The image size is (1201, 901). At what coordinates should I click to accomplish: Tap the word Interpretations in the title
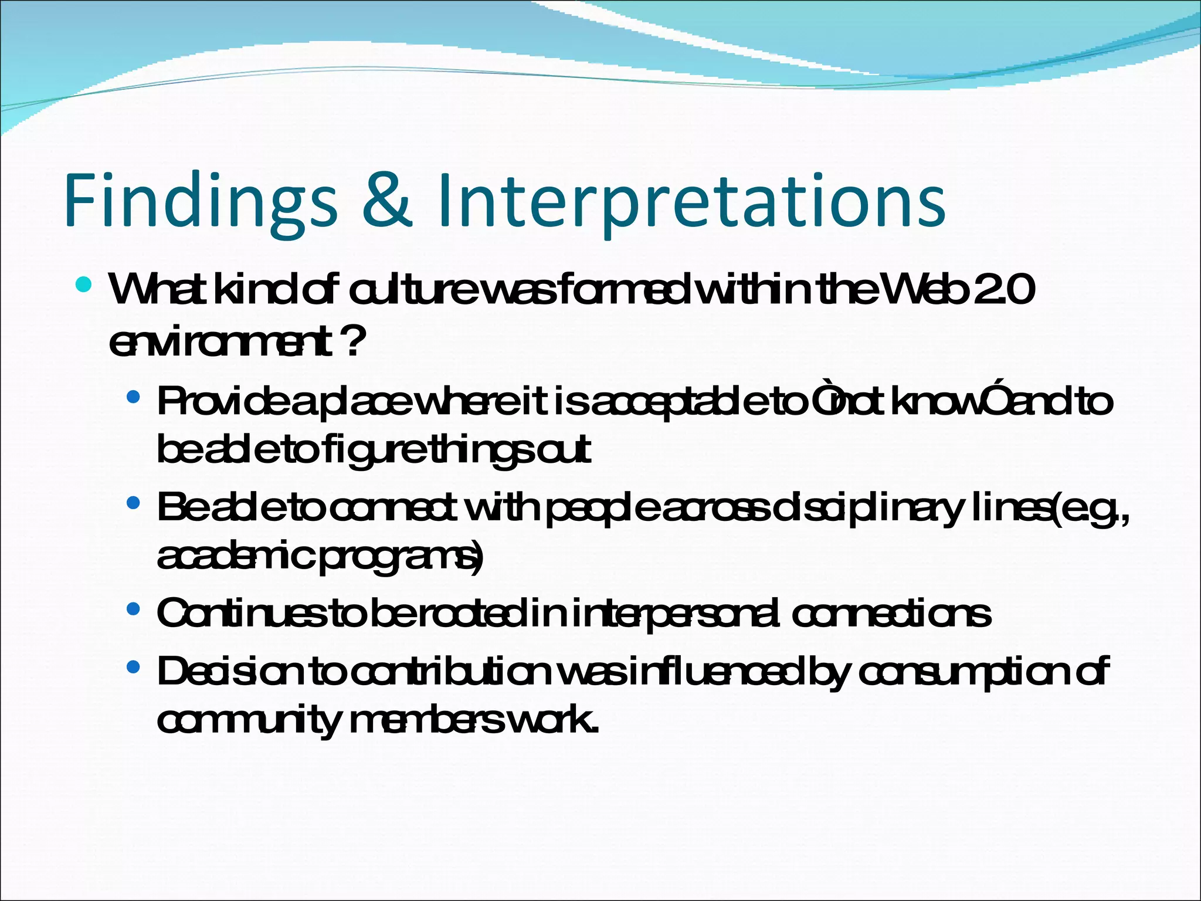pos(690,199)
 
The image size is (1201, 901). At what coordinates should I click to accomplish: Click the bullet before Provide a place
pos(133,397)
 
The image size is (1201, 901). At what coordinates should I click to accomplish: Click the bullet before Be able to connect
pos(133,503)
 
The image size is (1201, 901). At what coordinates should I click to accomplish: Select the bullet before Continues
pos(133,609)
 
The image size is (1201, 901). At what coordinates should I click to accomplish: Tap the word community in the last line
pos(249,720)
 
